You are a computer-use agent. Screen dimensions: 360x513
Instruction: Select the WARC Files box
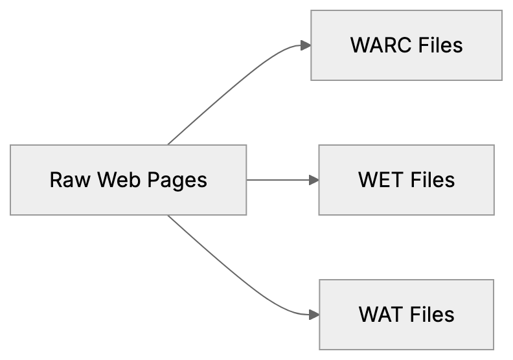pos(406,45)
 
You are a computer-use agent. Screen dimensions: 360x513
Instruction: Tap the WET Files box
pos(406,180)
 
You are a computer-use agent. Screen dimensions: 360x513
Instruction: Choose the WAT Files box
pos(406,315)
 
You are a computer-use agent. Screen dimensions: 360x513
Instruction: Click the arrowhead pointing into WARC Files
pos(305,45)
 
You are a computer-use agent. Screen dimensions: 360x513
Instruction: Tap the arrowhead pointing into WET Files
pos(313,180)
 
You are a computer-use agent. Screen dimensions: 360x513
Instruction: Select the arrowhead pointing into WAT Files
pos(313,315)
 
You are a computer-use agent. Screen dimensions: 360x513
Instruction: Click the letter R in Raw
pos(56,180)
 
